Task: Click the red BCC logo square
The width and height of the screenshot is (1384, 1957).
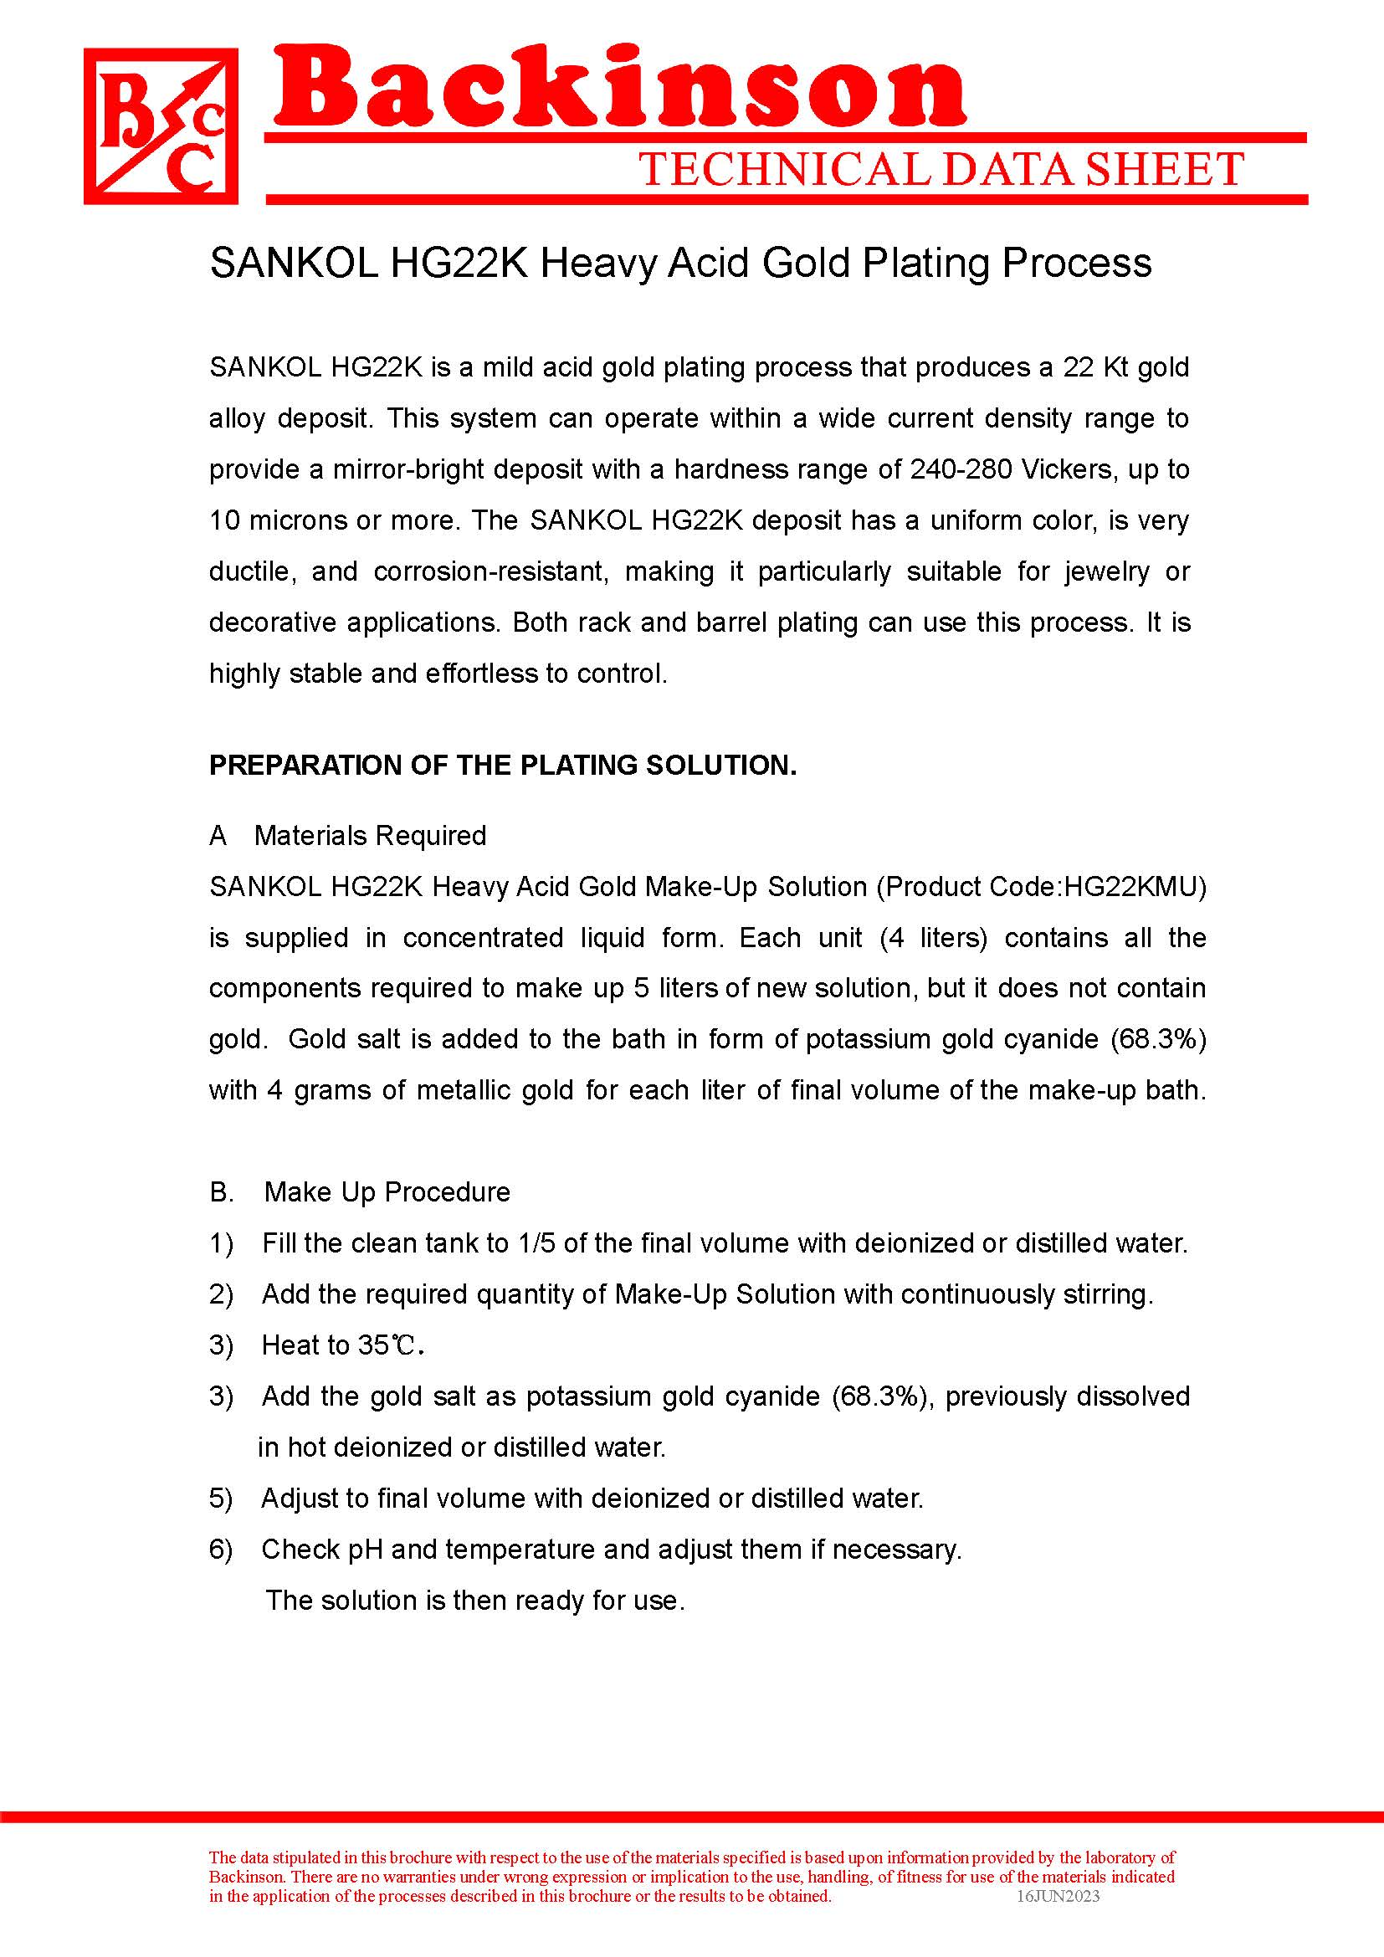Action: pos(160,126)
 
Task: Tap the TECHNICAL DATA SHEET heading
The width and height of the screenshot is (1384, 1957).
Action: pos(941,170)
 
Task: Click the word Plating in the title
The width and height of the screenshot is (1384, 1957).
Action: pos(926,263)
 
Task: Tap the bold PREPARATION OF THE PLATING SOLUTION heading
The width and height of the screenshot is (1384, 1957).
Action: pos(503,766)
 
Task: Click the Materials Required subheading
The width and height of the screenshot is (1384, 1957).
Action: pos(370,835)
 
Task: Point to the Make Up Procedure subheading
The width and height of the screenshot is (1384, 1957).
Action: pos(387,1191)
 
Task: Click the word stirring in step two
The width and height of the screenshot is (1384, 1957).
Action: pos(1107,1294)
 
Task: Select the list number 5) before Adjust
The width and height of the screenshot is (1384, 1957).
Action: pos(221,1498)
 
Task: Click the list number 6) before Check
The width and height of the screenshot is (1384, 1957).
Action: pos(221,1550)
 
